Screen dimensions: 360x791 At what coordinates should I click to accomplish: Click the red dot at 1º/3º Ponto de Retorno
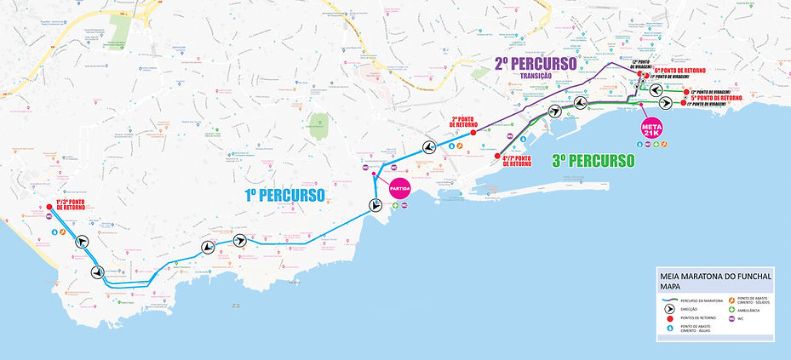click(50, 205)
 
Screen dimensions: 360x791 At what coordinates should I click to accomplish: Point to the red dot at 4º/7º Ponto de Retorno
click(497, 156)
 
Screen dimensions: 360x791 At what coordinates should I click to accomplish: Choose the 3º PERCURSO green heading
click(593, 160)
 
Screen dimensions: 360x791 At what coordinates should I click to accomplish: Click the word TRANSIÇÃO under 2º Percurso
click(536, 76)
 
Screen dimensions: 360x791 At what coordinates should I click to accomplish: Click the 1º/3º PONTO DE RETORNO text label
click(70, 204)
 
